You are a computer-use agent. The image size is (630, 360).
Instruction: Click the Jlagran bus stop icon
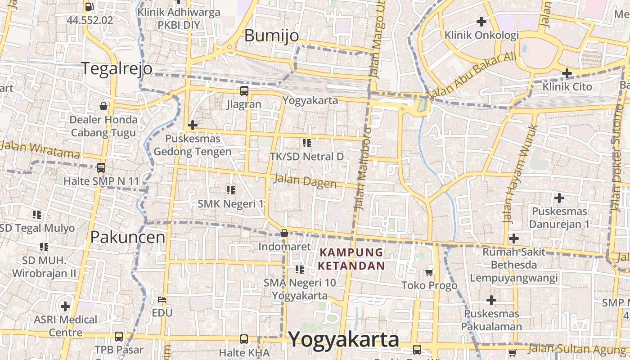[x=244, y=91]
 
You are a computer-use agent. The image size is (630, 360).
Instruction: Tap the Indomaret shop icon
[x=284, y=233]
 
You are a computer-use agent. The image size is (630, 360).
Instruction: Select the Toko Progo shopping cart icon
[x=429, y=272]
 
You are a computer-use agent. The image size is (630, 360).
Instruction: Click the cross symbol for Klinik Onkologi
[x=481, y=21]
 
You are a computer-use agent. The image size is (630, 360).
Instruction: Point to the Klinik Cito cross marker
[x=567, y=73]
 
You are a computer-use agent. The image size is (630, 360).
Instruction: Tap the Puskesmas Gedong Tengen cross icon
[x=193, y=125]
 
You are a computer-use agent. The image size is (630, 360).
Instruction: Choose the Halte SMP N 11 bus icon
[x=101, y=168]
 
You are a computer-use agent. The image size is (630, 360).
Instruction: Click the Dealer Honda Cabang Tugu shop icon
[x=103, y=106]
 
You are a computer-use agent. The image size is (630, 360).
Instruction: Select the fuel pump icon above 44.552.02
[x=89, y=7]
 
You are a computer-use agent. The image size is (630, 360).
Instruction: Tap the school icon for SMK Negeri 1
[x=231, y=190]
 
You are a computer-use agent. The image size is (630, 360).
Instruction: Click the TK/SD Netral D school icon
[x=307, y=143]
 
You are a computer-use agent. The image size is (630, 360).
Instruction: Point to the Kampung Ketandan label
[x=351, y=259]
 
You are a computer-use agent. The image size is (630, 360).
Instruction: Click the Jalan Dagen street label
[x=305, y=181]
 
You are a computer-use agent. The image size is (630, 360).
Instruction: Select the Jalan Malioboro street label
[x=362, y=169]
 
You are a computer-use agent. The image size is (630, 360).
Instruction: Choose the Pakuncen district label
[x=128, y=237]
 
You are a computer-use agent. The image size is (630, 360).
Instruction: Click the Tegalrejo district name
[x=117, y=68]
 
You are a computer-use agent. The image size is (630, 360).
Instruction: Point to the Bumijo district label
[x=271, y=36]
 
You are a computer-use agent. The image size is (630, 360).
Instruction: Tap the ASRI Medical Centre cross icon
[x=65, y=306]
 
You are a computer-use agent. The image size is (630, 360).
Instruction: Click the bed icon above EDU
[x=162, y=300]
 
